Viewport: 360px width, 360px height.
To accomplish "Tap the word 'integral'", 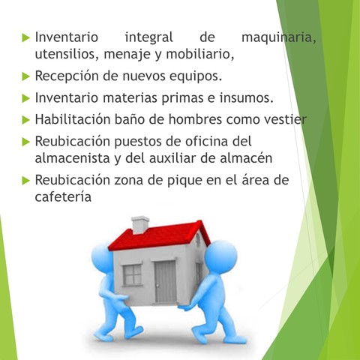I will (148, 37).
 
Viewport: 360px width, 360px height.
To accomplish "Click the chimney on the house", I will (140, 224).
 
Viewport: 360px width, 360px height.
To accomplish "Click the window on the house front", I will (132, 275).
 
